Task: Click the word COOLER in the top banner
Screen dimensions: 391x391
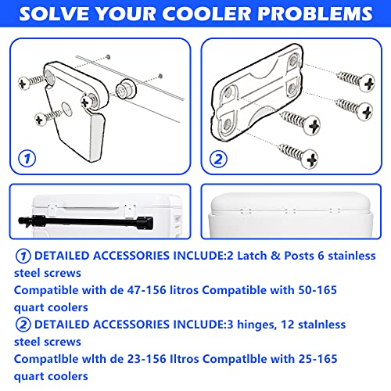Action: pos(207,13)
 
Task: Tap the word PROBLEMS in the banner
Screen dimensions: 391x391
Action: pos(315,13)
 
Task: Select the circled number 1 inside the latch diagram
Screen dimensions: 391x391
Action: pos(27,159)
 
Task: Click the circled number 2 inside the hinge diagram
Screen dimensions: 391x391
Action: pos(218,159)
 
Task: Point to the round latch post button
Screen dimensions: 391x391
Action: pos(126,89)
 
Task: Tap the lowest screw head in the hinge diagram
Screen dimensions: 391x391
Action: pos(310,159)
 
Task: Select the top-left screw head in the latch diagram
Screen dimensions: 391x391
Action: pos(24,84)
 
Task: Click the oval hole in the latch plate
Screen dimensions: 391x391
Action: pos(66,109)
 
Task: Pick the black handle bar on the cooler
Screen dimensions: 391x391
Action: pos(86,222)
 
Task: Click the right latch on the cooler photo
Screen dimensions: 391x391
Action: pos(130,210)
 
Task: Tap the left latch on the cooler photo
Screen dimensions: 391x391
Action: pos(52,210)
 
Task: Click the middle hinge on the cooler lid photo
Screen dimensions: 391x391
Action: pos(290,211)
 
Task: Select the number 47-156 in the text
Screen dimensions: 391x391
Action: pos(146,290)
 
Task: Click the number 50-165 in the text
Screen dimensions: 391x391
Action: pos(317,290)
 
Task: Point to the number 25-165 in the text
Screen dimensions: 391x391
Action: pos(317,359)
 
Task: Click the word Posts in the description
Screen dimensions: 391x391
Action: pos(299,256)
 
